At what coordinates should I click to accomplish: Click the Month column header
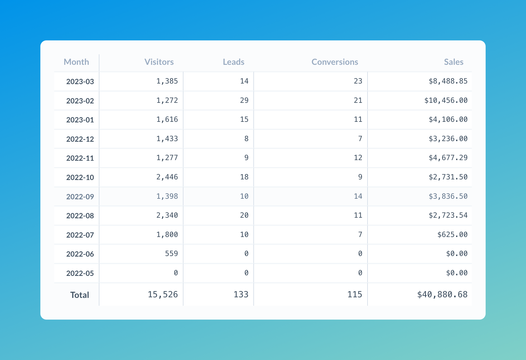pos(76,62)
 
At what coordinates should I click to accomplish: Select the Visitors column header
pos(159,62)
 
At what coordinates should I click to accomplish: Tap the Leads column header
pos(233,62)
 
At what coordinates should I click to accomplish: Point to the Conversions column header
pos(335,62)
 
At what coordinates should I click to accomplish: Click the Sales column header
pos(454,62)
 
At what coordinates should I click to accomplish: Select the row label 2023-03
pos(80,81)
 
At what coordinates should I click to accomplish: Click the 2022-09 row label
pos(80,197)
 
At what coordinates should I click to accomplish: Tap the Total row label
pos(80,295)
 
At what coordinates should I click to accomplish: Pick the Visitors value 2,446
pos(167,177)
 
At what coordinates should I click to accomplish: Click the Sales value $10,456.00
pos(446,100)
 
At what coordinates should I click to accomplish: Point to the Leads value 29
pos(244,100)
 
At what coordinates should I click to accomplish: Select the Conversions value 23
pos(358,81)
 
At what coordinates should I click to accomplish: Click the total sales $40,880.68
pos(443,295)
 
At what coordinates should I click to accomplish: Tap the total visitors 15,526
pos(163,295)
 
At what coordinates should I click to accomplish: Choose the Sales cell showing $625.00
pos(452,235)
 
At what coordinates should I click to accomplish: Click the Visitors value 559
pos(171,254)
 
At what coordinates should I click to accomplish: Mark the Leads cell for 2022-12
pos(246,139)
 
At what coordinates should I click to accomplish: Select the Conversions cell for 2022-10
pos(360,177)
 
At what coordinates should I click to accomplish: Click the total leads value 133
pos(241,295)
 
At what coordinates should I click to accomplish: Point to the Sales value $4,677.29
pos(448,158)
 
